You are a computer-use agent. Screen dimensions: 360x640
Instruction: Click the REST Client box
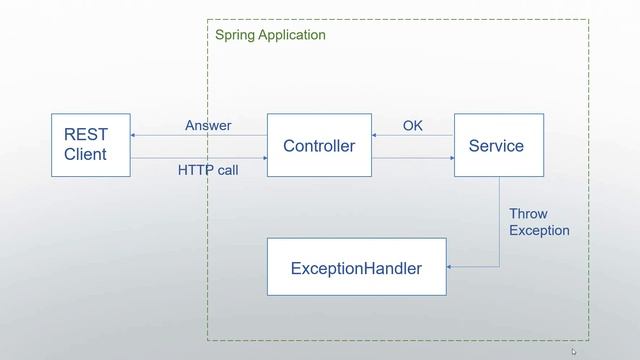91,145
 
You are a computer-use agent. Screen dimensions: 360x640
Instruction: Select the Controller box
319,146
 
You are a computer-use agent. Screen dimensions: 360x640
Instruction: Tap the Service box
496,146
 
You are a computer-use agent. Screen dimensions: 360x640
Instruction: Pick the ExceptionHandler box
356,268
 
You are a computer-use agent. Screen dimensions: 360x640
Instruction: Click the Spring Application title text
270,35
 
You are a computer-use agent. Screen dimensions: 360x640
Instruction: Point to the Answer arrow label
208,126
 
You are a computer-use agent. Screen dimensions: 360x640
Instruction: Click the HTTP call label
208,170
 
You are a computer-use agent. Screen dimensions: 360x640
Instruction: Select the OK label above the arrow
413,126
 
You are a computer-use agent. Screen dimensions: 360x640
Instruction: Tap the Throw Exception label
538,222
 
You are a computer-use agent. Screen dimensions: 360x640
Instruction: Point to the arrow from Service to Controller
413,136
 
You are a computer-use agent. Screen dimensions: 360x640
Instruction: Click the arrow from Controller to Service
413,157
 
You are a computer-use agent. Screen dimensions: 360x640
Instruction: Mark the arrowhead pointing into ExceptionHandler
451,267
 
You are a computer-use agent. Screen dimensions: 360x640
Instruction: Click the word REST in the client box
85,135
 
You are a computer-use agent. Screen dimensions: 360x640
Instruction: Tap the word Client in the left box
85,154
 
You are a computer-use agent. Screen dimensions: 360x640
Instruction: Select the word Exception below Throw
539,231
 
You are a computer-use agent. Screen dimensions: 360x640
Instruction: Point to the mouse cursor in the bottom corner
574,351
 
